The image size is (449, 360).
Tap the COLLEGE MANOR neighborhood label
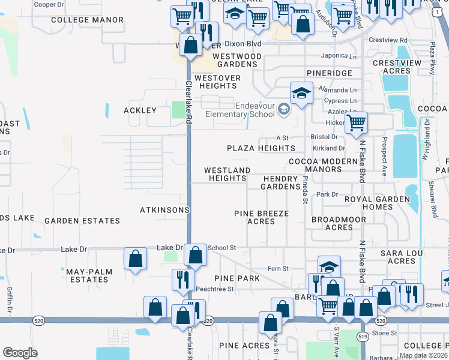pos(87,20)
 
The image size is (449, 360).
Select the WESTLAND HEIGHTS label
pos(227,175)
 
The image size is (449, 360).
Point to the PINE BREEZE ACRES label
pos(261,217)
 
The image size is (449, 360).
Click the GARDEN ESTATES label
pos(82,221)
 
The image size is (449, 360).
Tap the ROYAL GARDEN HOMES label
pos(377,203)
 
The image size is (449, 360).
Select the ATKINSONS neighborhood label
pos(164,210)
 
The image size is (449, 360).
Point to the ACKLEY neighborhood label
pos(140,110)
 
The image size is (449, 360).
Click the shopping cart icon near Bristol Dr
pos(357,123)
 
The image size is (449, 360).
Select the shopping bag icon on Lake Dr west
pos(136,259)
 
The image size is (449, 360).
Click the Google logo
pos(20,352)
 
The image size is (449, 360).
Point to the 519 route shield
pos(363,340)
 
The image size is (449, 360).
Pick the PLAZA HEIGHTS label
pos(261,148)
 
